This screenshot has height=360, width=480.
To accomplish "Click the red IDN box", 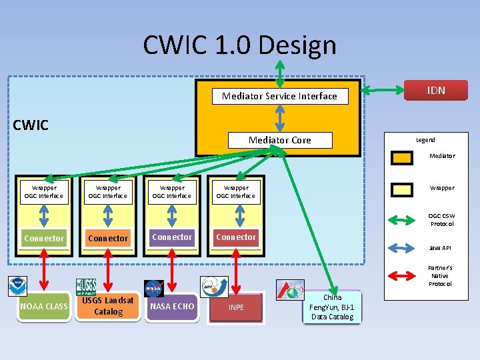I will point(436,91).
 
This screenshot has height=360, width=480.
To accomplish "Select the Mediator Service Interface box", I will point(279,96).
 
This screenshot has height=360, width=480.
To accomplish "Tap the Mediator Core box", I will point(279,140).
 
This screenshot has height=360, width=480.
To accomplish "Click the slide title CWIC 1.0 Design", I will point(239,45).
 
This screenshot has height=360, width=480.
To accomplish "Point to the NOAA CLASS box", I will point(44,307).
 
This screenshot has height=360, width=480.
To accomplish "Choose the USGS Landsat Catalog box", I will point(108,306).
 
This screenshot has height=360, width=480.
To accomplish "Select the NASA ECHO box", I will point(172,307).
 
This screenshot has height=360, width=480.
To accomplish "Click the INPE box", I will point(236,307).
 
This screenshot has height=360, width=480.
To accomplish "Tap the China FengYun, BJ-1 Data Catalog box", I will point(332,307).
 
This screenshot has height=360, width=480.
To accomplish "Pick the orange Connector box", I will point(108,238).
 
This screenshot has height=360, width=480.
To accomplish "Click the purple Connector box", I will point(172,237).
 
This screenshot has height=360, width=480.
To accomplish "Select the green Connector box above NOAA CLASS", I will point(44,238).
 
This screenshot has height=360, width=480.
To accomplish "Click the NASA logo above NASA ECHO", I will point(154,288).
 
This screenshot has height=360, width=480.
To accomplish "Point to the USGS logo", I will point(86,287).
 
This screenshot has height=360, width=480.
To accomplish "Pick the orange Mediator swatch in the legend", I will point(402,157).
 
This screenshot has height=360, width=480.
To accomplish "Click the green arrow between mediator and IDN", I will point(383,90).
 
